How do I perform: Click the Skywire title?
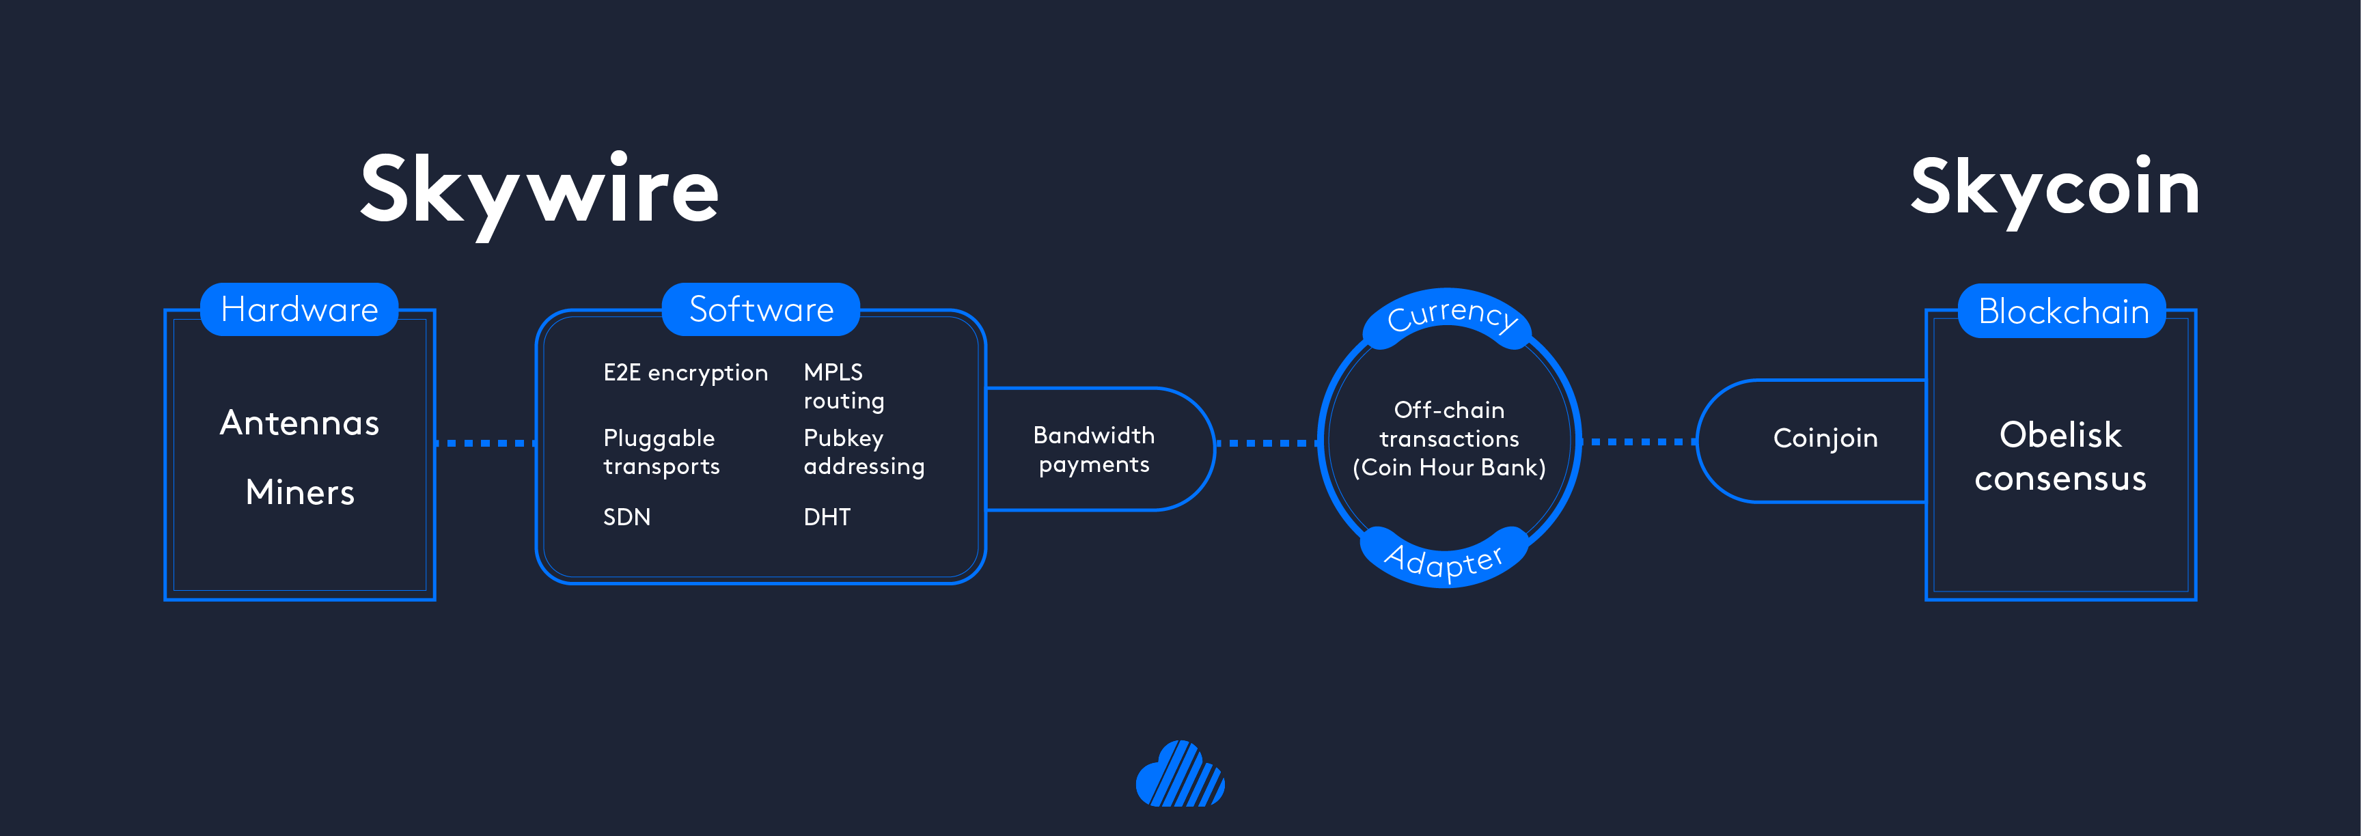[x=539, y=191]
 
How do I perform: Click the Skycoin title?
[x=2054, y=188]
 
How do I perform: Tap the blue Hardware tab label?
[x=300, y=310]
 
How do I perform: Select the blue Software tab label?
[x=761, y=310]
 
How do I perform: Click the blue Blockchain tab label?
[x=2062, y=311]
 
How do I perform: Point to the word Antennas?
[x=300, y=423]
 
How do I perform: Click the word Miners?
[x=300, y=492]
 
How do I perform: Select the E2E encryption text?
[x=685, y=372]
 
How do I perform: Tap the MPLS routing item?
[x=843, y=386]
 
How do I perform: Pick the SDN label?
[x=627, y=517]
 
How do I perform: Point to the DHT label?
[x=827, y=517]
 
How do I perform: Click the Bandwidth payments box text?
[x=1094, y=449]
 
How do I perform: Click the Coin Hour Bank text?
[x=1449, y=467]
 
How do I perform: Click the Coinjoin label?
[x=1825, y=438]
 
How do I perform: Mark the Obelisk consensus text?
[x=2060, y=456]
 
